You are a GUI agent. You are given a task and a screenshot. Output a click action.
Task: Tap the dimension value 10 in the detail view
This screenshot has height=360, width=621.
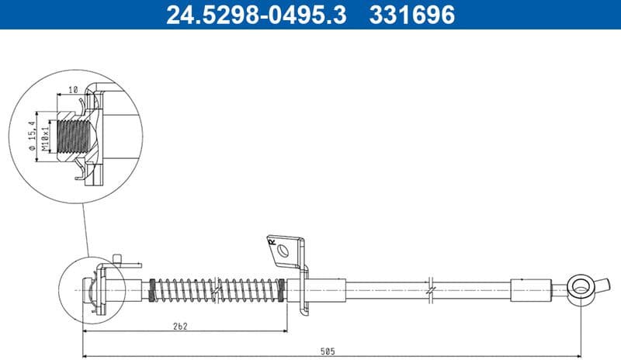point(73,89)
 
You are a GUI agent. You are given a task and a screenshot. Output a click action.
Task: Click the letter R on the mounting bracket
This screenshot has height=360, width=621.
point(272,242)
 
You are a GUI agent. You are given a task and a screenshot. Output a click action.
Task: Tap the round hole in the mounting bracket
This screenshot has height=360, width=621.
point(285,251)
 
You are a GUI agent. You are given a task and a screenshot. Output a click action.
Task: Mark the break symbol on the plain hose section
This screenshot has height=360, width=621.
point(428,289)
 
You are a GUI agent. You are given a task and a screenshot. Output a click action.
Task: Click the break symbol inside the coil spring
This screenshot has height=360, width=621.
point(218,289)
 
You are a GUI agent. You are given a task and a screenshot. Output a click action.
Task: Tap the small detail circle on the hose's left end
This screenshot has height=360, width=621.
point(92,289)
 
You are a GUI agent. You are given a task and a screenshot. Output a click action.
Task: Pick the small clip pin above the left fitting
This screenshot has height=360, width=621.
point(116,258)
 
